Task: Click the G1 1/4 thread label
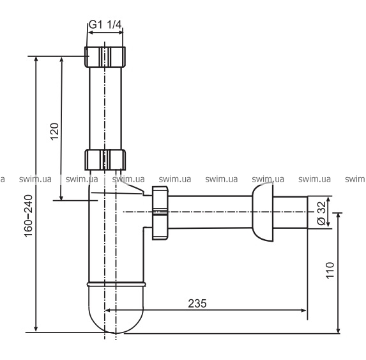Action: click(105, 24)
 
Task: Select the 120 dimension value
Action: click(54, 131)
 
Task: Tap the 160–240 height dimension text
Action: click(29, 216)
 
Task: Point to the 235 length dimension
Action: click(197, 303)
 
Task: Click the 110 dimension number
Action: click(330, 270)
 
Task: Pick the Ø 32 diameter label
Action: click(322, 213)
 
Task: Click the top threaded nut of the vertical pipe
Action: click(105, 57)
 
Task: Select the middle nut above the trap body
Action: click(105, 160)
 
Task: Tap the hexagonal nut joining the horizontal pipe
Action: click(160, 213)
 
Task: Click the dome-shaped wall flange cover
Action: click(263, 212)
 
